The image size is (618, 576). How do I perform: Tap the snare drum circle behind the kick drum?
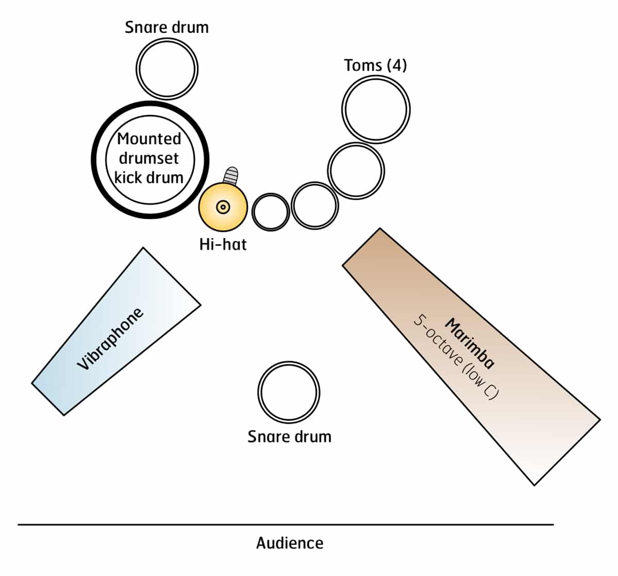[167, 68]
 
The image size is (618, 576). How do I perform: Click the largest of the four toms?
[375, 109]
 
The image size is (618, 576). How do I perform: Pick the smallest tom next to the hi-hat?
[270, 212]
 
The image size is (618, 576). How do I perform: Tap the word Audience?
[290, 543]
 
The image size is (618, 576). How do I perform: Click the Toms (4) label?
[375, 65]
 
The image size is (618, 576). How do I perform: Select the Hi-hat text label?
[223, 244]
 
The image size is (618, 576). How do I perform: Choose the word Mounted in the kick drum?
[149, 139]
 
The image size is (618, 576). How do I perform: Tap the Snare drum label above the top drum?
[167, 27]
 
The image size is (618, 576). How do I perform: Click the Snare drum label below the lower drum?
[289, 437]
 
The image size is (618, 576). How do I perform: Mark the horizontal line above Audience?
[286, 525]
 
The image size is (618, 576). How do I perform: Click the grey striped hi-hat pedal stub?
[231, 176]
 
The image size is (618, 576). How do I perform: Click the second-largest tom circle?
[356, 170]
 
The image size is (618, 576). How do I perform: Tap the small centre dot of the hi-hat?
[222, 207]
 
